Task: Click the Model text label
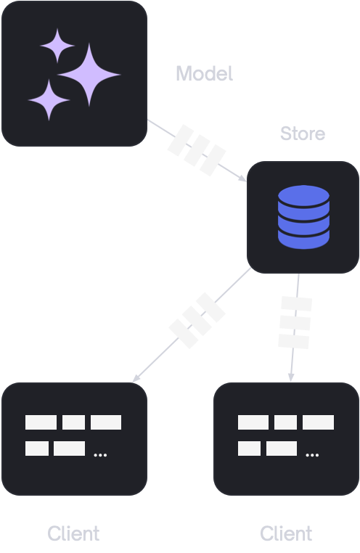205,73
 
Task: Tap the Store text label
303,134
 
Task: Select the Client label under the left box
73,533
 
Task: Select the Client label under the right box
286,533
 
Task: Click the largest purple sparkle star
89,75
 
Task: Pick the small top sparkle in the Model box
57,46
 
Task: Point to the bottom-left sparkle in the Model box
49,100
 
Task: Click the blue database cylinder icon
303,217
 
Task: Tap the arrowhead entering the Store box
242,179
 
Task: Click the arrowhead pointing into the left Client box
136,377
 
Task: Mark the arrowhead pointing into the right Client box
291,377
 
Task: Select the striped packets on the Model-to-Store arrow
197,150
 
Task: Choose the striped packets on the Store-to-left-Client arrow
197,320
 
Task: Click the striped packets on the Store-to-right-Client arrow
295,323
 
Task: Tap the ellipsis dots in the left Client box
100,455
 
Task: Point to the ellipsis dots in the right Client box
312,455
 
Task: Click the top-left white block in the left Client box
41,422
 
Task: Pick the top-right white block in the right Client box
318,422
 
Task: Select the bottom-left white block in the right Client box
249,448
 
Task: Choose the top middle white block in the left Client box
74,422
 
